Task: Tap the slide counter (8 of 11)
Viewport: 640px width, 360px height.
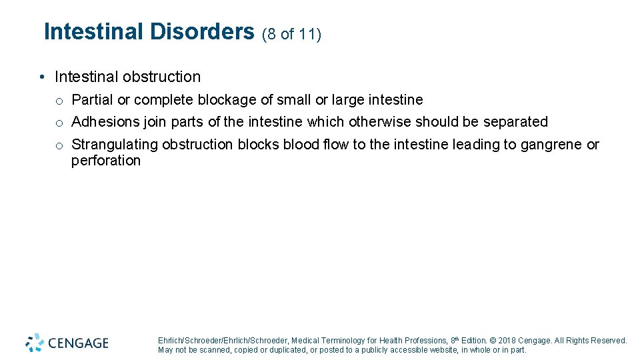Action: (x=292, y=34)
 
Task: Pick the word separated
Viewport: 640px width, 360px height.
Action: (x=515, y=122)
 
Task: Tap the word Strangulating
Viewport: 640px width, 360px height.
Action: (x=115, y=145)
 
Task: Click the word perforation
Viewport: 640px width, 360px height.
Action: (x=106, y=161)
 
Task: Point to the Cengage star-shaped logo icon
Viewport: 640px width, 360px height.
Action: (x=35, y=342)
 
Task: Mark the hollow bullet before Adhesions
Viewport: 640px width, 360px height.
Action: (x=59, y=123)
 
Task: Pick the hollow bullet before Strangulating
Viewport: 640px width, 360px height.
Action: (x=59, y=145)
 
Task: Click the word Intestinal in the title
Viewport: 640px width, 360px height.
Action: (x=93, y=31)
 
